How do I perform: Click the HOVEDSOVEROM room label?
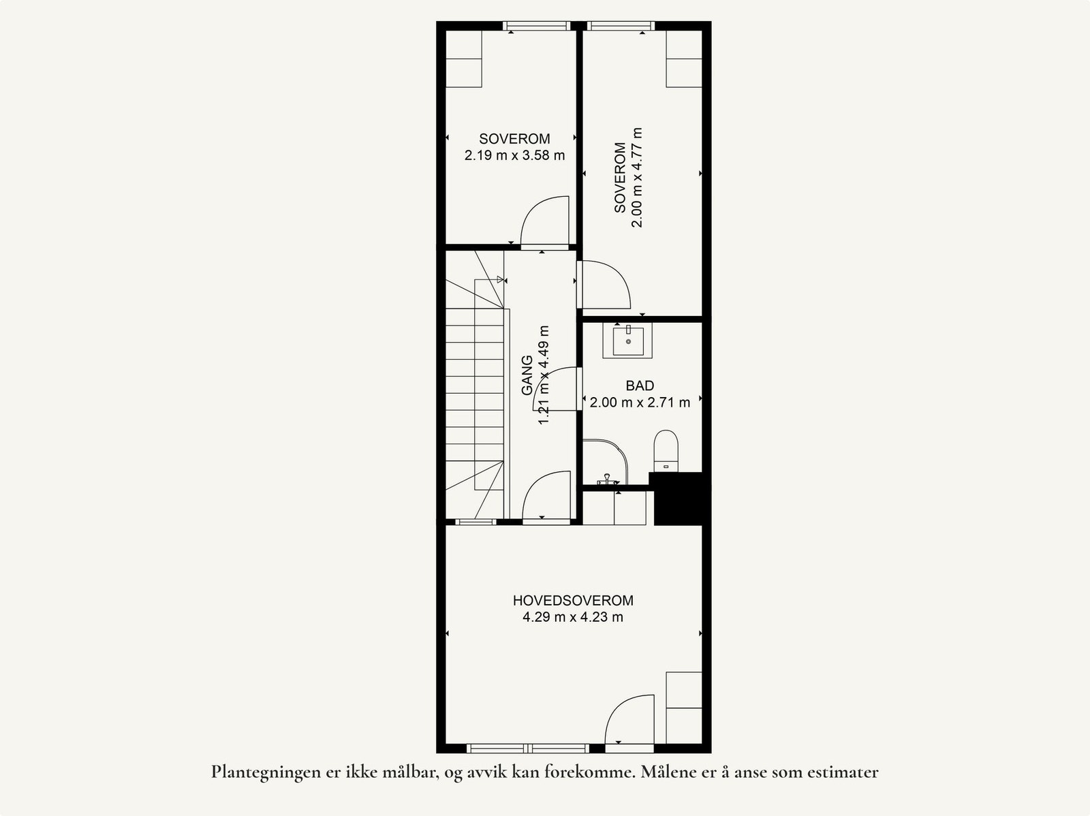click(x=573, y=601)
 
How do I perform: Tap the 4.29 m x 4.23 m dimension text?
click(x=573, y=618)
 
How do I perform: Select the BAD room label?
click(x=640, y=386)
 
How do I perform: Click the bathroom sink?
click(x=627, y=341)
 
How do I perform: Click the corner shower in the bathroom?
click(x=604, y=463)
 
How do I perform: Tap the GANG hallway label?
click(x=527, y=375)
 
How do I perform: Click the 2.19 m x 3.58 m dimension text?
click(x=514, y=155)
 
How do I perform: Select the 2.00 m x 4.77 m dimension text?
click(x=637, y=177)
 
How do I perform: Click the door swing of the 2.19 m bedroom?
click(x=546, y=221)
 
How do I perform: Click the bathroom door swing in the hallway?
click(x=556, y=389)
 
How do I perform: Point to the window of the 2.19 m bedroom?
click(x=536, y=26)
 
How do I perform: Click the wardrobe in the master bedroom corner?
click(x=684, y=708)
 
